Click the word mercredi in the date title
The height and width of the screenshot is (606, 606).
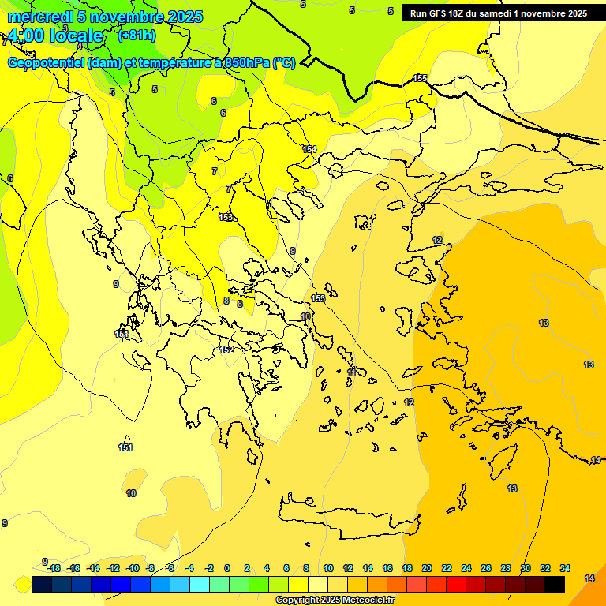[x=40, y=17]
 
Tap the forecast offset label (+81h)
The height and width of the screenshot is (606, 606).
[x=137, y=36]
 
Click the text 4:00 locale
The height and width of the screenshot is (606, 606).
[x=54, y=36]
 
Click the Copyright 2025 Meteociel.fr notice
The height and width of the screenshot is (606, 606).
[x=335, y=600]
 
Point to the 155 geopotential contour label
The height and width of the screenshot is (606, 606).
[x=420, y=78]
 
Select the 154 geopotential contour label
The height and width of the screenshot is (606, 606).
[x=309, y=149]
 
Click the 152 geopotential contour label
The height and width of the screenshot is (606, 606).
[x=226, y=350]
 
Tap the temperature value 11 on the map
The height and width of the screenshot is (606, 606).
[x=352, y=372]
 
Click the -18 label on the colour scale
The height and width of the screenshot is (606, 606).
[x=54, y=568]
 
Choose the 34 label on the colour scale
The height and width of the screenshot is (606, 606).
[x=565, y=568]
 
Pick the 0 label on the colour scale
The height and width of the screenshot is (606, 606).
[x=227, y=568]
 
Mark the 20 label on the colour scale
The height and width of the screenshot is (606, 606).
[x=427, y=568]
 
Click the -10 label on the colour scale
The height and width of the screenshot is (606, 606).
[x=133, y=568]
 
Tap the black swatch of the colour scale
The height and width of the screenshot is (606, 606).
[x=555, y=584]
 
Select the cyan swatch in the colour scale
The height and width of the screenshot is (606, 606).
[x=200, y=584]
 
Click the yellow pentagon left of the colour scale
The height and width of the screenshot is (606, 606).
[x=22, y=585]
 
